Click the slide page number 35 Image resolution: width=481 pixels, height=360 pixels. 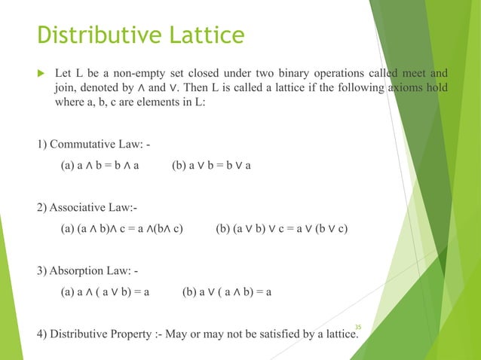[357, 325]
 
